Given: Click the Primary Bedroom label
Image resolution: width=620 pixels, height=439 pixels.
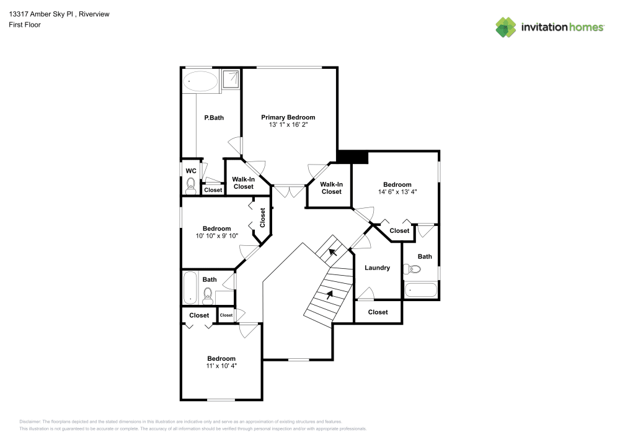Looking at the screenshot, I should point(288,117).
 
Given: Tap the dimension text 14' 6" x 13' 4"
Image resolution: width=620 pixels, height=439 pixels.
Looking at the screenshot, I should point(397,192).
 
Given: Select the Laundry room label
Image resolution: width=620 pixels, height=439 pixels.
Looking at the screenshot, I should point(377,268).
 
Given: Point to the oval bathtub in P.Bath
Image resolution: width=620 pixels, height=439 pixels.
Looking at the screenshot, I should point(200,81).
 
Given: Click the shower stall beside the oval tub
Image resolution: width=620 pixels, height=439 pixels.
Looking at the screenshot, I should point(231,79).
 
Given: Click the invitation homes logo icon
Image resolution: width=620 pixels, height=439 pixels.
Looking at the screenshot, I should point(506,27).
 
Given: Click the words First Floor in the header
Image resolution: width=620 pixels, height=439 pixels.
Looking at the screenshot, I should point(24,25).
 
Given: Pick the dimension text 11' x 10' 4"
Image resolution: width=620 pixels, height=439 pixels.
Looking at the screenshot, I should point(221,366).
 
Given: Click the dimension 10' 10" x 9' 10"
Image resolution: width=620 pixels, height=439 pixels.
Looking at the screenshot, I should point(216,236).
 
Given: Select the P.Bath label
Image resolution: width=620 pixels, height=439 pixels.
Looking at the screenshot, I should point(214,117).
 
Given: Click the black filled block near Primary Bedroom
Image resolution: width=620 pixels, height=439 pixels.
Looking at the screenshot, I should point(353,158).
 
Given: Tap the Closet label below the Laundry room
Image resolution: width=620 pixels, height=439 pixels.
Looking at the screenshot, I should point(378,312).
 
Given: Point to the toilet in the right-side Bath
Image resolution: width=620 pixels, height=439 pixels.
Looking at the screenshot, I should point(413,269).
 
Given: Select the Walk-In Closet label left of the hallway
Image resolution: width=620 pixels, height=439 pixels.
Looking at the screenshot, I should point(244,183).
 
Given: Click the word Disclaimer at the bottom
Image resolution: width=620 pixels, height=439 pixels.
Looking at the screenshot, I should point(30,422).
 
